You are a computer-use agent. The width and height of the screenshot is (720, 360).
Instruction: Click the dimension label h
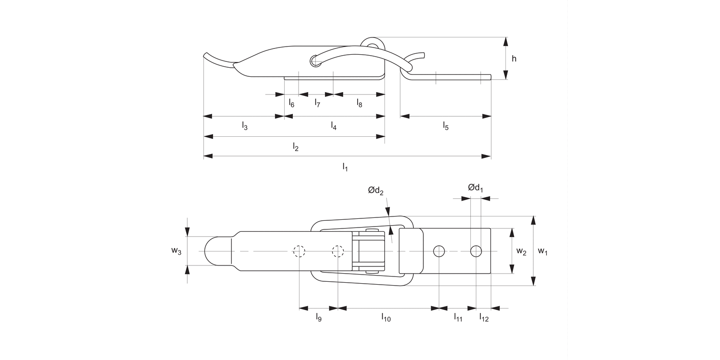514,59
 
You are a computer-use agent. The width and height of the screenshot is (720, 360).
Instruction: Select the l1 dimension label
345,167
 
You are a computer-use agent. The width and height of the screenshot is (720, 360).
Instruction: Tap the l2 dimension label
296,147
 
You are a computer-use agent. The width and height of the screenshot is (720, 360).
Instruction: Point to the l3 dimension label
244,126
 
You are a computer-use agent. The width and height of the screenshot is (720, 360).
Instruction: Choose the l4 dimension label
334,126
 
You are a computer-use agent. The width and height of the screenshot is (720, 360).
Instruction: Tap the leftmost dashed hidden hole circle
299,251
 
